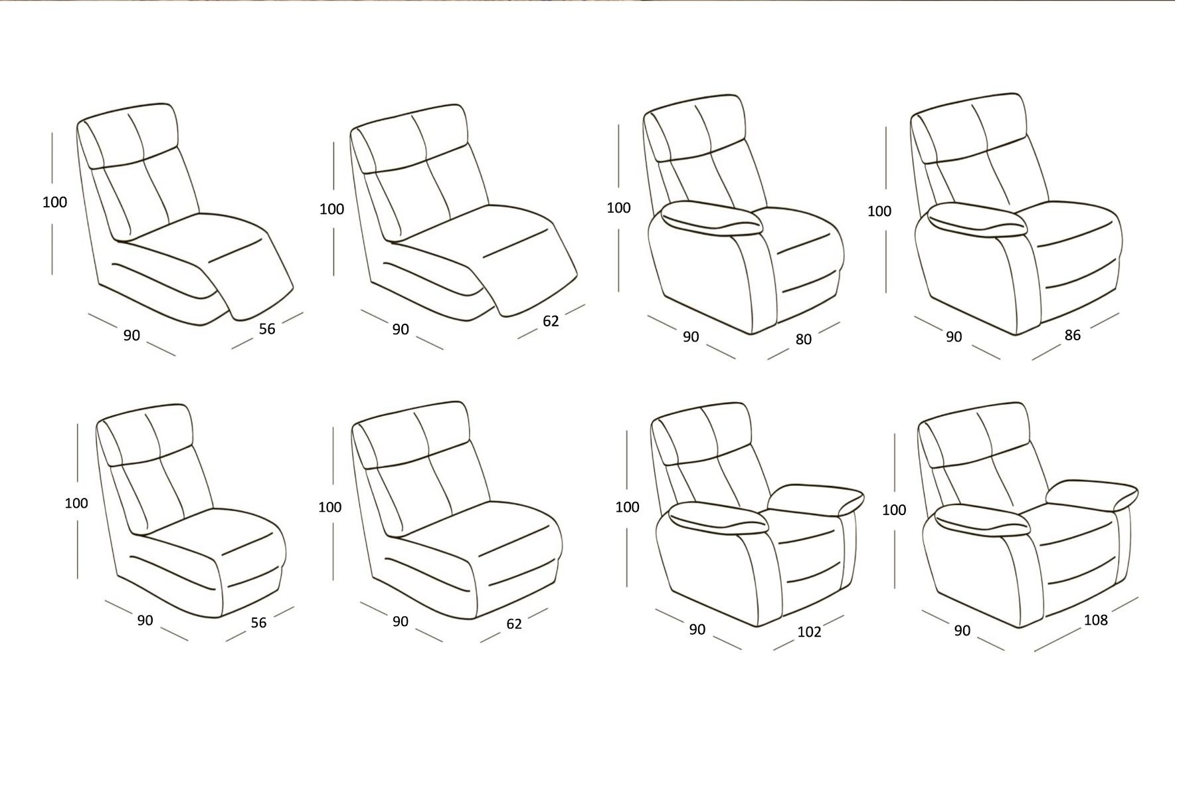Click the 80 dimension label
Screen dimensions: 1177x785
pos(803,339)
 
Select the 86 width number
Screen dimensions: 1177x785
pos(1072,335)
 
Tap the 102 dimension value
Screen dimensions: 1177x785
pos(809,631)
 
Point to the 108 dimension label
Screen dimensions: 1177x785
pos(1095,620)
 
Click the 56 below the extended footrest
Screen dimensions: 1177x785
pos(266,328)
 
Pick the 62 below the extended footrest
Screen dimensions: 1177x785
pos(551,321)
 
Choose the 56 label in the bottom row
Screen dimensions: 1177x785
pos(258,623)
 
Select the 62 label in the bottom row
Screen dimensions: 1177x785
pos(514,623)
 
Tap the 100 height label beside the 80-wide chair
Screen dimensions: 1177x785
pos(618,207)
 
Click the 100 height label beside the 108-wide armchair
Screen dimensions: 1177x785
pos(894,510)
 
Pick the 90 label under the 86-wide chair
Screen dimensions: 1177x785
pos(953,337)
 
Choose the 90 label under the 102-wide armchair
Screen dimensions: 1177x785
pos(697,629)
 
